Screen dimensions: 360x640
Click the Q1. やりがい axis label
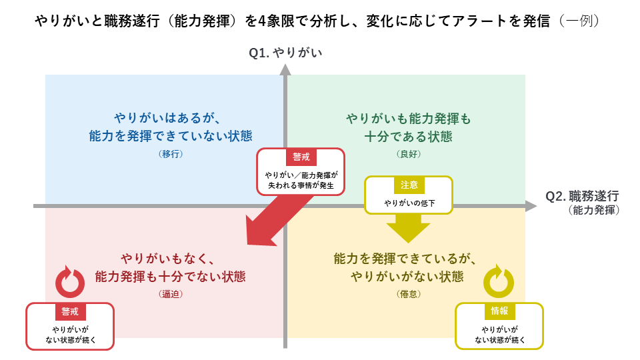[285, 51]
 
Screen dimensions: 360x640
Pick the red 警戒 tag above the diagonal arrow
[301, 157]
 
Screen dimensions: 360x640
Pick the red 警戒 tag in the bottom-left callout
[69, 311]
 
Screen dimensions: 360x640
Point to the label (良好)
[408, 154]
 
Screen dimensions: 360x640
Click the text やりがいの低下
[409, 203]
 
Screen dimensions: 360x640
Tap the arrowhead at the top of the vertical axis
[285, 69]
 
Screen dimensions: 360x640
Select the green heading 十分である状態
[408, 137]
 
